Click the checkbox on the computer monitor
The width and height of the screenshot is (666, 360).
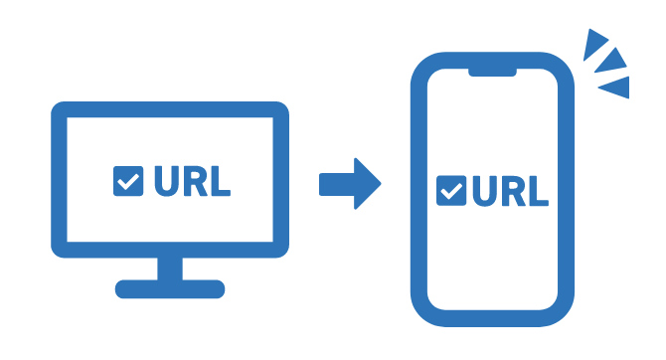pyautogui.click(x=128, y=181)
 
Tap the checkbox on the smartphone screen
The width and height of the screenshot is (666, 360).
pyautogui.click(x=451, y=191)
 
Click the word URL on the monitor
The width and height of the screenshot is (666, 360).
pyautogui.click(x=192, y=181)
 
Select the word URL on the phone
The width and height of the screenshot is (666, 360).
pyautogui.click(x=509, y=191)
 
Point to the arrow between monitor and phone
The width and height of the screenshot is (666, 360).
pyautogui.click(x=349, y=184)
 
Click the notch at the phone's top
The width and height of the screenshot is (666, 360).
pyautogui.click(x=493, y=73)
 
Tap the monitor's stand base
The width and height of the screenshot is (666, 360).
pyautogui.click(x=170, y=289)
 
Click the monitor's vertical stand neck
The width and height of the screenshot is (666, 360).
pyautogui.click(x=170, y=267)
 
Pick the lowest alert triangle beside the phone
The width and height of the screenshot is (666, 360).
pyautogui.click(x=617, y=88)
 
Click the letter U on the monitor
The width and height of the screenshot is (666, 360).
pyautogui.click(x=165, y=181)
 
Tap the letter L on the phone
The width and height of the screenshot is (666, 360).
pyautogui.click(x=538, y=191)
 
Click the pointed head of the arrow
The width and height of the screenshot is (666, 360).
pyautogui.click(x=369, y=184)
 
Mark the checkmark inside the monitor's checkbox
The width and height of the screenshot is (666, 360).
pyautogui.click(x=128, y=181)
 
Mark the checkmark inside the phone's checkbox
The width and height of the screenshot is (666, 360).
pyautogui.click(x=451, y=191)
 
